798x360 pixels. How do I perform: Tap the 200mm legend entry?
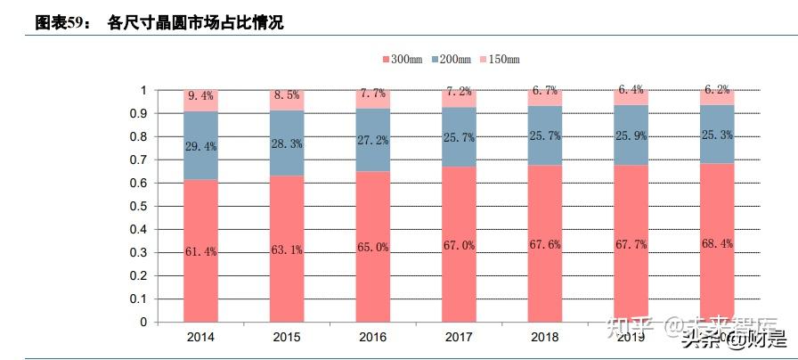click(x=452, y=59)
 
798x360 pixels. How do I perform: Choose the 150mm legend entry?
click(x=500, y=59)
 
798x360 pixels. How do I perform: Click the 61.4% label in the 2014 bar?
click(x=200, y=251)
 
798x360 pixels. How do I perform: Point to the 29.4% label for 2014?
click(x=200, y=146)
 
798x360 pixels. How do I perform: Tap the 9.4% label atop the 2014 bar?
click(x=200, y=95)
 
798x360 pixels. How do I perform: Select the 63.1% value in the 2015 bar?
click(x=287, y=250)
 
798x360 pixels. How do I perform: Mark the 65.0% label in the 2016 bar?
click(x=373, y=247)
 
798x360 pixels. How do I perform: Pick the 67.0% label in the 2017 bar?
click(x=460, y=245)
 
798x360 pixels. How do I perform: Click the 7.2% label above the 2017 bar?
click(x=460, y=92)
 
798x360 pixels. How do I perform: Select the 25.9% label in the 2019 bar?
click(x=631, y=140)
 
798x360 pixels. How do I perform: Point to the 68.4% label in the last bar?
click(x=718, y=243)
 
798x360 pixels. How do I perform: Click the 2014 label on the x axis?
click(x=200, y=338)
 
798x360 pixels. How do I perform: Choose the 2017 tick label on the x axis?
click(x=460, y=338)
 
